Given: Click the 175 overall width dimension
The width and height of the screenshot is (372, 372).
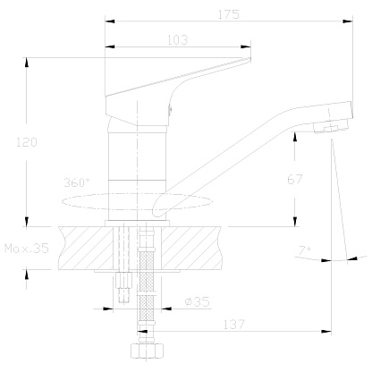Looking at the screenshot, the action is [229, 14].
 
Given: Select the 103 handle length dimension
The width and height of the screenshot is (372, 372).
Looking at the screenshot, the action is [178, 40].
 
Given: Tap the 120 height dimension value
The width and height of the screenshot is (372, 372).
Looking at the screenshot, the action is [27, 142].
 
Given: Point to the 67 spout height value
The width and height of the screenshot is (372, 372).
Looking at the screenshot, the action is [295, 179].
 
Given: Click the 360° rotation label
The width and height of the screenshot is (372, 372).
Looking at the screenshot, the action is [77, 182].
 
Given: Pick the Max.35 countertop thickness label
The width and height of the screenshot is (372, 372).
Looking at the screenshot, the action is [27, 248].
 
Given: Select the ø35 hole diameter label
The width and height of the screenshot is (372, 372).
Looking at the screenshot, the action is [197, 301].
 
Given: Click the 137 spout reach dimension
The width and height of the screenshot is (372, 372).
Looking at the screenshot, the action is [234, 325].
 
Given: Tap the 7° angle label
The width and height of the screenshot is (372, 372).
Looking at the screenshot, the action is [305, 250].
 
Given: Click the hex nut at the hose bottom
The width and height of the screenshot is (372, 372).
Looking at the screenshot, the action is [148, 351].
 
